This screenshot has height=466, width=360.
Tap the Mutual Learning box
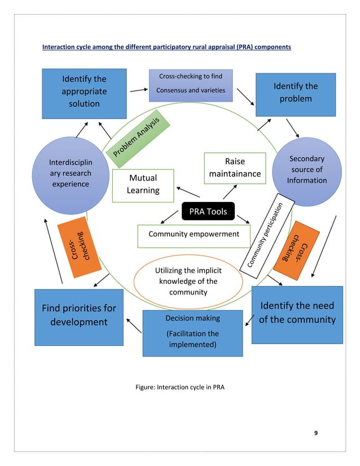143,185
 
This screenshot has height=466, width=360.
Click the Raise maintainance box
235,168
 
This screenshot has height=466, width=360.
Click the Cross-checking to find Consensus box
190,84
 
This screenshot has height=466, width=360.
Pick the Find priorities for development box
78,316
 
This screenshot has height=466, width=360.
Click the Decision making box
192,333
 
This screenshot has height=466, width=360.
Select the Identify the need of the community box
296,314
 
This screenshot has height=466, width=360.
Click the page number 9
315,433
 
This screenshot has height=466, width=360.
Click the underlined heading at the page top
166,47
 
